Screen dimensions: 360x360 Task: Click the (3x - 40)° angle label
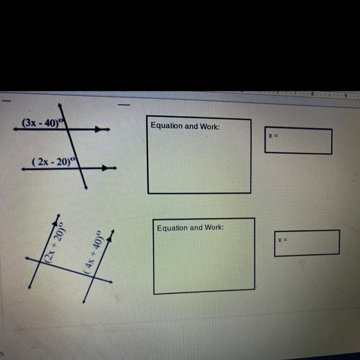tap(43, 123)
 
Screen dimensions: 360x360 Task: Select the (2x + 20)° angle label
tap(55, 242)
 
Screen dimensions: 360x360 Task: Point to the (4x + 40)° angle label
tap(93, 253)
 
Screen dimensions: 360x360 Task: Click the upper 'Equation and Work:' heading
tap(185, 126)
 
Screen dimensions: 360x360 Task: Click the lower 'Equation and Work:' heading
tap(190, 228)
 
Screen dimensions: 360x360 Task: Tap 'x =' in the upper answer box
tap(273, 136)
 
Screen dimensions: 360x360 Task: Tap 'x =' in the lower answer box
tap(283, 240)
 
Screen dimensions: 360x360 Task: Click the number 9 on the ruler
tap(345, 95)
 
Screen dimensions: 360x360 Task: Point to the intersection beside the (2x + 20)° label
tap(40, 263)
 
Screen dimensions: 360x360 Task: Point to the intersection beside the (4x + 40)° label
tap(93, 277)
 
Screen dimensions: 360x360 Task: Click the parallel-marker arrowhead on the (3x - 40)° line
tap(98, 129)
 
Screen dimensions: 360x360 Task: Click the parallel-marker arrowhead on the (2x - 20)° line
tap(105, 168)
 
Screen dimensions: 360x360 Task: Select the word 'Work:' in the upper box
tap(210, 127)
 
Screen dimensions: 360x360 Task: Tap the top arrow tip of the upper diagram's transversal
tap(59, 104)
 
